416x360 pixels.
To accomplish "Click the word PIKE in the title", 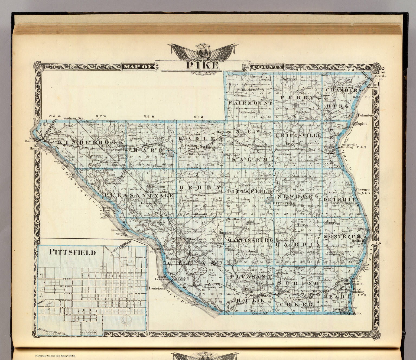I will [202, 66].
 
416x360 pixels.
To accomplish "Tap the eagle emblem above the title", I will [202, 51].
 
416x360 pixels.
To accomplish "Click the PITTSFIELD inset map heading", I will [73, 252].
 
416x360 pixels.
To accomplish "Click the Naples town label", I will [361, 124].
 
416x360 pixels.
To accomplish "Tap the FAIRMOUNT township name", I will [250, 103].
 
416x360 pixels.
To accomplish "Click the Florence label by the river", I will [362, 190].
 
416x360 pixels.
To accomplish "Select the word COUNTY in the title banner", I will [268, 67].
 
